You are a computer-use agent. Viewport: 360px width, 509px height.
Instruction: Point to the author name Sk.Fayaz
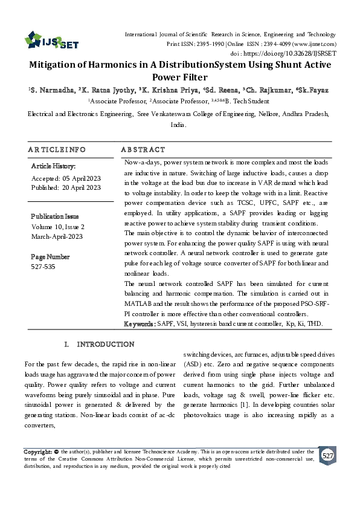pyautogui.click(x=312, y=90)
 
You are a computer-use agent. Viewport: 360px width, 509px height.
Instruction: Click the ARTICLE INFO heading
pyautogui.click(x=57, y=149)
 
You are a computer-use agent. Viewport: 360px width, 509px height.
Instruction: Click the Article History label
pyautogui.click(x=53, y=165)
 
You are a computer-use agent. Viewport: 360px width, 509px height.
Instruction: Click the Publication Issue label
pyautogui.click(x=55, y=216)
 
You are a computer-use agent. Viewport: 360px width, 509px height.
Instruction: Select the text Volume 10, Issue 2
pyautogui.click(x=57, y=226)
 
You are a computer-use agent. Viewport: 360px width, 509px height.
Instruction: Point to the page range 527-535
pyautogui.click(x=43, y=266)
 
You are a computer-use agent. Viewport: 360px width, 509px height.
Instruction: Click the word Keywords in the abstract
pyautogui.click(x=138, y=324)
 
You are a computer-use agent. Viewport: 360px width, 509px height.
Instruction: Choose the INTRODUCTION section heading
pyautogui.click(x=105, y=345)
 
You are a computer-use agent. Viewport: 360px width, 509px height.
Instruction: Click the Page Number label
pyautogui.click(x=50, y=256)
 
